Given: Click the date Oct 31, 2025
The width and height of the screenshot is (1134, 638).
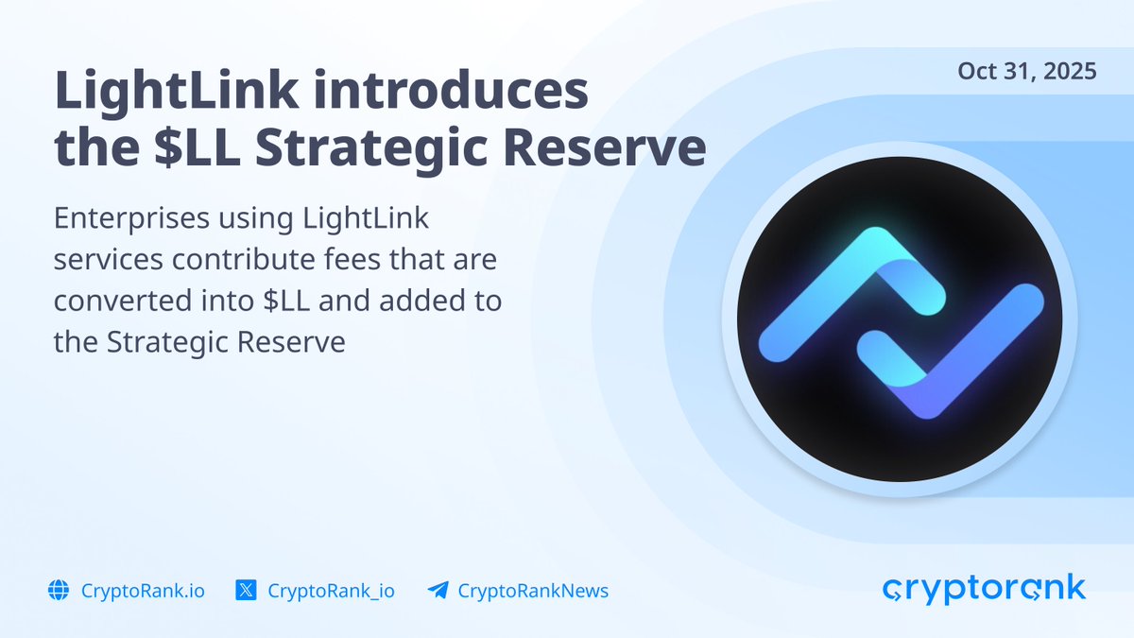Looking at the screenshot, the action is click(1026, 72).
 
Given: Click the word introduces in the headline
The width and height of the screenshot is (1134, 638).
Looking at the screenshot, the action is click(451, 91).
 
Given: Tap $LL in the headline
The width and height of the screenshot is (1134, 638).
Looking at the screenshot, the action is click(198, 147).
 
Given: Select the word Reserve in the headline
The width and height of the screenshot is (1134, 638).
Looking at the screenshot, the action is click(605, 147).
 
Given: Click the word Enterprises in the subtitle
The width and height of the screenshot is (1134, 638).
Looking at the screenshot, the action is click(131, 219).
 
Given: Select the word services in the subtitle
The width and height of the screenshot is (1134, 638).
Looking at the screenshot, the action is click(109, 260).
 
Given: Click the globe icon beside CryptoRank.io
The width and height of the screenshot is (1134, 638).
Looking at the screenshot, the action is click(59, 590).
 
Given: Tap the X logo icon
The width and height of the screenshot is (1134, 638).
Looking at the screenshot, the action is click(246, 590).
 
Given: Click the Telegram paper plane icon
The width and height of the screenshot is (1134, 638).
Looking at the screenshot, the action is click(438, 590).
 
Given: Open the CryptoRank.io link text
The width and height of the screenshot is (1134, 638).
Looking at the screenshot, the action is click(143, 591).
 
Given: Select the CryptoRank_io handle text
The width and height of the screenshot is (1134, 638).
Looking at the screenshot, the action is click(331, 591).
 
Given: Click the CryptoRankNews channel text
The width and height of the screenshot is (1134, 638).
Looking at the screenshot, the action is click(533, 591).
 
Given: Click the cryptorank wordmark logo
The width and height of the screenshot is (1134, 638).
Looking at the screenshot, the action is click(984, 590).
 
